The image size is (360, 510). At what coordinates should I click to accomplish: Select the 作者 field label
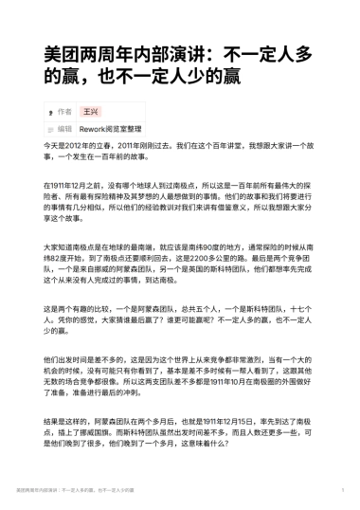(x=64, y=111)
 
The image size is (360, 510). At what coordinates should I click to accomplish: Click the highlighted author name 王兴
(x=90, y=111)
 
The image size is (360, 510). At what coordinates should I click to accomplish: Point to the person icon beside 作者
(x=49, y=111)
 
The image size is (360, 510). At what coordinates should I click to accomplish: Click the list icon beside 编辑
(x=49, y=128)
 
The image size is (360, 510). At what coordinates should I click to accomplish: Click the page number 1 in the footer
(x=340, y=492)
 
